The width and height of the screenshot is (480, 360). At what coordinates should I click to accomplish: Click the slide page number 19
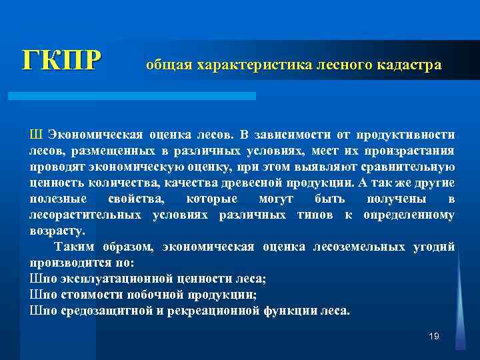434,337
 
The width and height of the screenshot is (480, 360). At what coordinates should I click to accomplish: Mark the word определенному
409,215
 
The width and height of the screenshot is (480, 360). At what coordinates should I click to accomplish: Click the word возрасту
57,231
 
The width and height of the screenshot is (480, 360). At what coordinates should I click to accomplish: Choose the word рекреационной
247,311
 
